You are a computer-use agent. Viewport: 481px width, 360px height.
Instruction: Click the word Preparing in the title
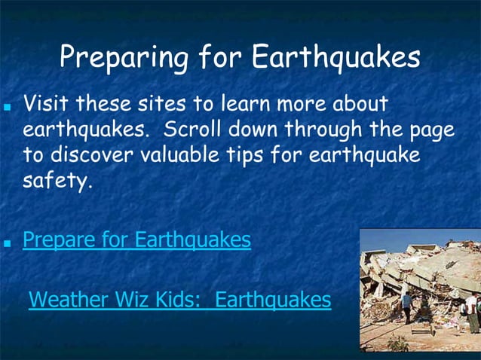point(112,56)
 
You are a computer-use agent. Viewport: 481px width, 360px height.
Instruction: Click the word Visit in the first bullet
point(47,102)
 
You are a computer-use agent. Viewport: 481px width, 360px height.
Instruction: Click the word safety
point(57,181)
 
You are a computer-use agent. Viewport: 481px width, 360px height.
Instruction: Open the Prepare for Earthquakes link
point(136,240)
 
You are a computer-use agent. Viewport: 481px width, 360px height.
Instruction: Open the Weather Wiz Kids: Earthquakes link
point(179,300)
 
